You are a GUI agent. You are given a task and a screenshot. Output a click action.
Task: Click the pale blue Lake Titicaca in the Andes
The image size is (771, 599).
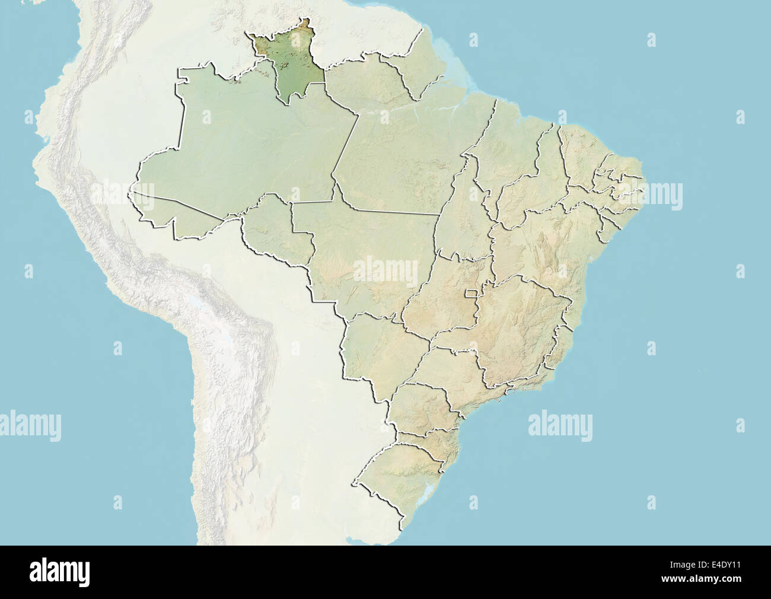pyautogui.click(x=196, y=308)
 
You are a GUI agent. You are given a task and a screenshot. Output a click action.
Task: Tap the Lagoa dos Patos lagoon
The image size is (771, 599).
pyautogui.click(x=428, y=495)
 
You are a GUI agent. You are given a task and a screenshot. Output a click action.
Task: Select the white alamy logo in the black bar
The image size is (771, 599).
pyautogui.click(x=60, y=572)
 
